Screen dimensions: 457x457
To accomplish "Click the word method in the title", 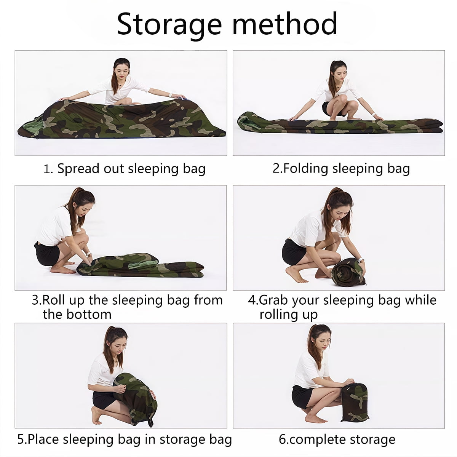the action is pyautogui.click(x=285, y=24).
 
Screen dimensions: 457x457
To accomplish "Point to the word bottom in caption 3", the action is pyautogui.click(x=89, y=315).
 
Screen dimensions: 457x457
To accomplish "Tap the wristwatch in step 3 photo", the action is pyautogui.click(x=89, y=254).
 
